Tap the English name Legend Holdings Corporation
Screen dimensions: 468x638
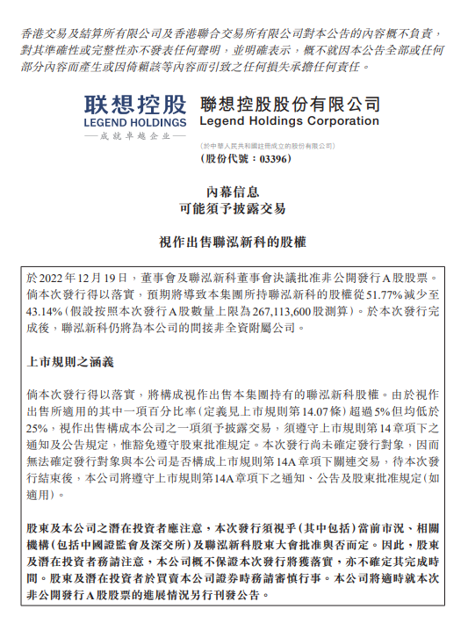pyautogui.click(x=290, y=121)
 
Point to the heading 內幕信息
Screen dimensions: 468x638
pyautogui.click(x=234, y=191)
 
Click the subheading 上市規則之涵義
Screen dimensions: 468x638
pyautogui.click(x=71, y=361)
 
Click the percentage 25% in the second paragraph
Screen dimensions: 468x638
pyautogui.click(x=37, y=426)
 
